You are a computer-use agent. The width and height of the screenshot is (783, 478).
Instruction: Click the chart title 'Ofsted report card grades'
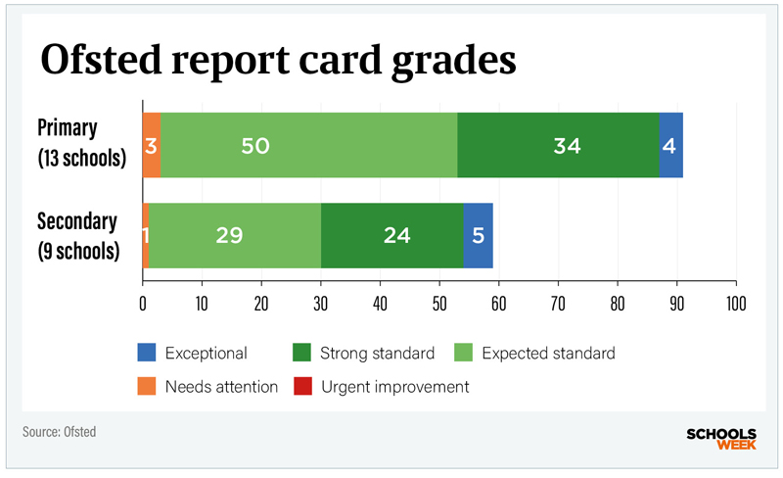coord(277,61)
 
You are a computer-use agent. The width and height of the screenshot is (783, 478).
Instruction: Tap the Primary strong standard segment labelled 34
coord(558,146)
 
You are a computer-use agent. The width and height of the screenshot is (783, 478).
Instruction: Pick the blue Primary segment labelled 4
coord(670,146)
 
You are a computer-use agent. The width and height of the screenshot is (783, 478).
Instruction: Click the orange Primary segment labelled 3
coord(151,146)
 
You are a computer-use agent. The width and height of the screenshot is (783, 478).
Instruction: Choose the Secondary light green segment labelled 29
coord(235,235)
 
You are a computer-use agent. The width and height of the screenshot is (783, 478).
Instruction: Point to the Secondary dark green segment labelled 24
coord(391,235)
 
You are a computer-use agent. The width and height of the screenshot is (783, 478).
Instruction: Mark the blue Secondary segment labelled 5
coord(478,235)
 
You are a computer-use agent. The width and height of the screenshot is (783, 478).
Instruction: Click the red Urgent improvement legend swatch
coord(303,386)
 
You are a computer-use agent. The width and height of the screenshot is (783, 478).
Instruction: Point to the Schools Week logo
coord(722,437)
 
